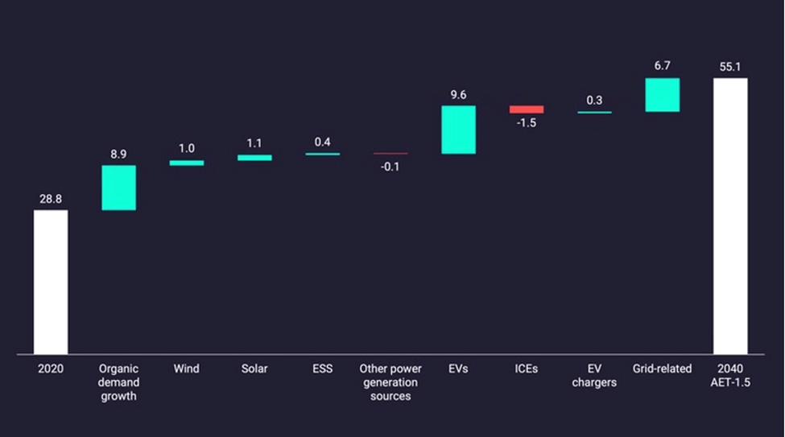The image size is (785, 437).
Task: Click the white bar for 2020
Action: [x=51, y=282]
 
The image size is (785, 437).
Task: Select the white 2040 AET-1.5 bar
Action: [x=730, y=216]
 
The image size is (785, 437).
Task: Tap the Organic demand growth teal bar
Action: [x=118, y=188]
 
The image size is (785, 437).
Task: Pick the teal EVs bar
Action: [x=458, y=130]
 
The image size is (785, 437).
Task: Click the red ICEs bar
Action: [x=527, y=109]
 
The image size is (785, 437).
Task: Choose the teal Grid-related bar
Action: [x=663, y=95]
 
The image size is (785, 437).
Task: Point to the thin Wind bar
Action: [x=187, y=163]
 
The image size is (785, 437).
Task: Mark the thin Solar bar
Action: [x=254, y=158]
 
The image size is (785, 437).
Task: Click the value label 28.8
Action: [x=51, y=198]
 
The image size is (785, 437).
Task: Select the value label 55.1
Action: [x=730, y=67]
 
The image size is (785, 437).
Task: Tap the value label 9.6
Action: [x=458, y=95]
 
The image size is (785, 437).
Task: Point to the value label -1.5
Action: [x=527, y=123]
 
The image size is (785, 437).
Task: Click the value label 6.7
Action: [x=663, y=66]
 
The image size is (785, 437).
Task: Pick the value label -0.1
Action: [x=390, y=166]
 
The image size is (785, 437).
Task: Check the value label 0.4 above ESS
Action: [x=322, y=142]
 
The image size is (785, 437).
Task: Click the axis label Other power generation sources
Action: [x=390, y=382]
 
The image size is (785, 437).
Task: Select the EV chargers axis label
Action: [x=594, y=376]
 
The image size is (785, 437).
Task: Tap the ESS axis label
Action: [x=322, y=369]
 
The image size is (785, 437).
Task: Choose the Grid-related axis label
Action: [x=663, y=369]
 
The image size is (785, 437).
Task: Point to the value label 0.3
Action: [x=594, y=101]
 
